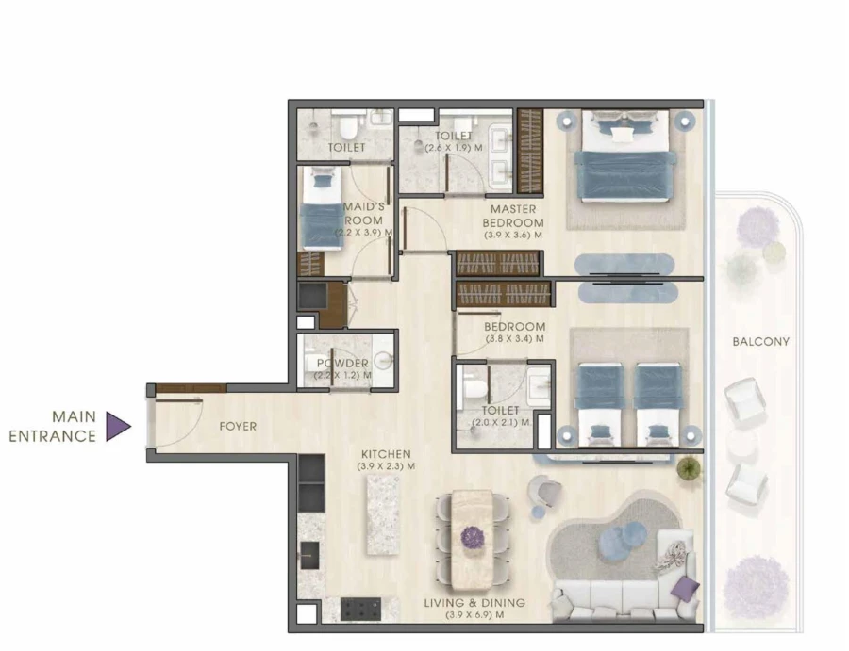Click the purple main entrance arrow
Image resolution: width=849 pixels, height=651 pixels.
click(117, 427)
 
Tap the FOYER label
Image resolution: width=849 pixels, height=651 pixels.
click(238, 427)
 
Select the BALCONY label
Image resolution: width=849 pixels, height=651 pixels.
click(760, 341)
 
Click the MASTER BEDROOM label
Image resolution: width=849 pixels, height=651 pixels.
click(513, 216)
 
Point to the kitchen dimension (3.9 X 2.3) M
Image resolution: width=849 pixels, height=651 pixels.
click(386, 466)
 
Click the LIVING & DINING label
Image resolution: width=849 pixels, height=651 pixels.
click(488, 603)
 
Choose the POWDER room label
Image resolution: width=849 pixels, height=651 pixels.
click(341, 363)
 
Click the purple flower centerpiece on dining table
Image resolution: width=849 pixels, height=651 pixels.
click(471, 537)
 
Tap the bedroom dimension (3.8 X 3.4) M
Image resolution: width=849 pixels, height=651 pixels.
click(514, 339)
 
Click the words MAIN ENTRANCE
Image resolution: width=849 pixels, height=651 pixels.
click(54, 426)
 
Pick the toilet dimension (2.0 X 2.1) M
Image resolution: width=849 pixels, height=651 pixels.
click(499, 424)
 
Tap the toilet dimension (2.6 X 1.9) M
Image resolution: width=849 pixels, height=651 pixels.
click(455, 148)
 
